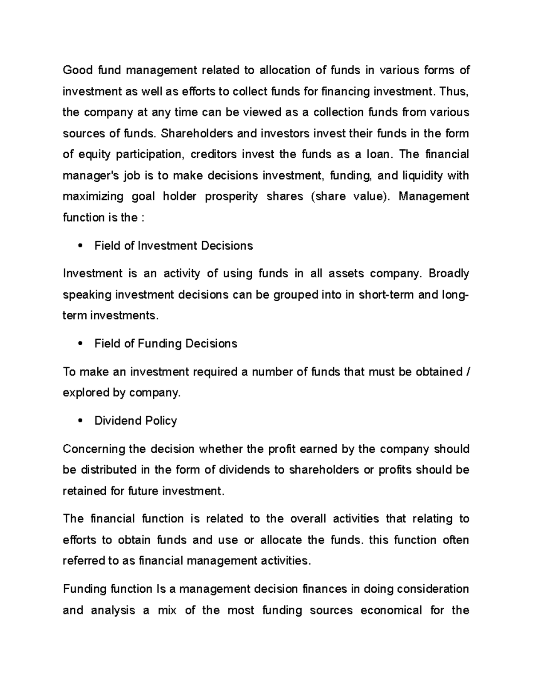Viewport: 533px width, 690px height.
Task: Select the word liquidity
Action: [x=422, y=176]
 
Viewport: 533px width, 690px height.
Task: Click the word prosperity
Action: [x=231, y=197]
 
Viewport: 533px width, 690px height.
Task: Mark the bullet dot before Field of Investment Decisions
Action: [x=80, y=246]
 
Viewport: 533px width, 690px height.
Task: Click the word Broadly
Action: [x=449, y=274]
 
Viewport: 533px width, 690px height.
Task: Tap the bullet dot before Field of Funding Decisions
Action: [x=80, y=344]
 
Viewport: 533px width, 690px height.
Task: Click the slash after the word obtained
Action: [x=468, y=372]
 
